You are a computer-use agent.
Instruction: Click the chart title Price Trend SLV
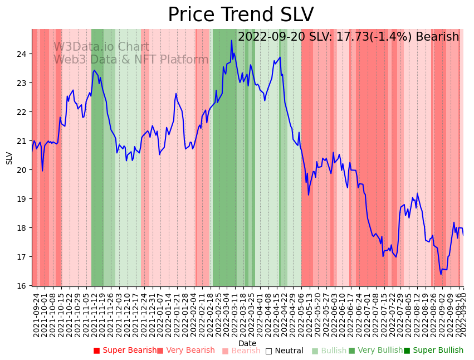tap(241, 15)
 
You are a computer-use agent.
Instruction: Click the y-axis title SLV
tap(9, 158)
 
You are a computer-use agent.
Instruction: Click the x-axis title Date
tap(247, 344)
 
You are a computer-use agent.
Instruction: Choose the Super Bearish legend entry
tap(125, 351)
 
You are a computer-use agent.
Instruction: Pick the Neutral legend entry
tap(284, 351)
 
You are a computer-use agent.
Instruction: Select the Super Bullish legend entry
tap(433, 351)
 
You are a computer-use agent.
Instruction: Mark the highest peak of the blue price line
tap(232, 40)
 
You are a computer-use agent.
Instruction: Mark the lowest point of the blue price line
tap(441, 274)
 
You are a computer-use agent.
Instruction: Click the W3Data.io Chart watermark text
tap(101, 47)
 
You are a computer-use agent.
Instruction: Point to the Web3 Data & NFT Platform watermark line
tap(131, 60)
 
